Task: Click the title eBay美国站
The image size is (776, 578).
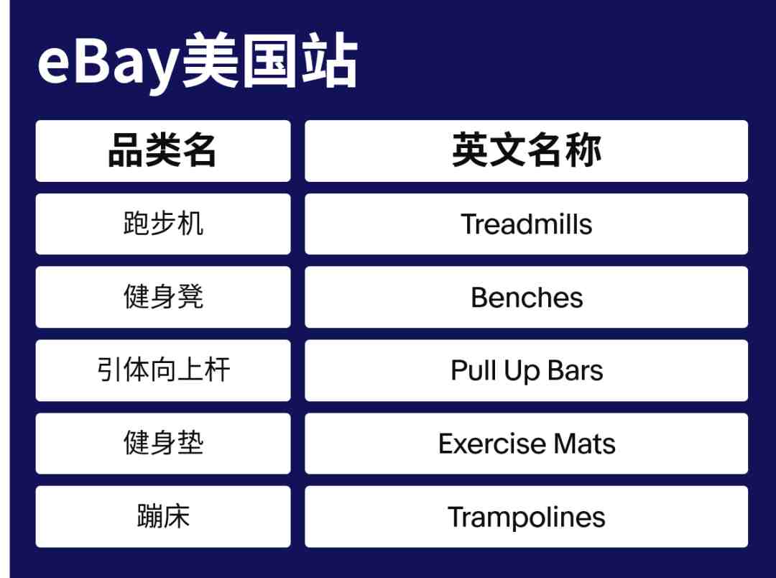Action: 198,61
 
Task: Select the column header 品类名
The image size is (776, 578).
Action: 163,150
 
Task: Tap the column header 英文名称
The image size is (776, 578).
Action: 526,150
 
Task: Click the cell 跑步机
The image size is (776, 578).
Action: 163,224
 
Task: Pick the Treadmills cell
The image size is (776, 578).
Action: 526,224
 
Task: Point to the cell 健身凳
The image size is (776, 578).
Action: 163,297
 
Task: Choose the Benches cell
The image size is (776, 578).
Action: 526,297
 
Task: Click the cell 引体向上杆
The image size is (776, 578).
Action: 163,370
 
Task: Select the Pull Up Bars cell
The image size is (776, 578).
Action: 526,370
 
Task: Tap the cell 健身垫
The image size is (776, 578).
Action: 163,444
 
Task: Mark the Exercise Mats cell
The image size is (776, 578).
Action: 526,444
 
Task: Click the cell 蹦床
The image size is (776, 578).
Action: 163,517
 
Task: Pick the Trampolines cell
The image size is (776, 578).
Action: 526,517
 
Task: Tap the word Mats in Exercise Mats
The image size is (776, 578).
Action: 585,444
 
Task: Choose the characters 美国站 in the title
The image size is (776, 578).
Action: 269,60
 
